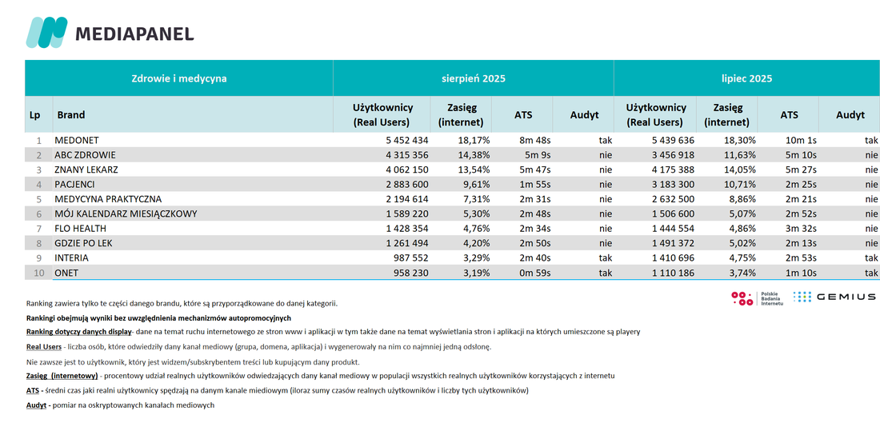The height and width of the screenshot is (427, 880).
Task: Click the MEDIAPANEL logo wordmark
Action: (x=134, y=34)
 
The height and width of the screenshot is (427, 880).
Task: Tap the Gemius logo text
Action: (x=846, y=297)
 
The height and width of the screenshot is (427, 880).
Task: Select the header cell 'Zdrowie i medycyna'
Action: (x=179, y=78)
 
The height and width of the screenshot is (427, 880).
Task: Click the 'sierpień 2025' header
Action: (x=473, y=78)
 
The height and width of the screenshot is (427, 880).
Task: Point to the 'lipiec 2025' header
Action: (x=746, y=78)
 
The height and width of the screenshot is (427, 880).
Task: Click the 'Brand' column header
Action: (x=70, y=114)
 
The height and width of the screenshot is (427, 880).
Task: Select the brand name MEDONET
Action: (x=76, y=140)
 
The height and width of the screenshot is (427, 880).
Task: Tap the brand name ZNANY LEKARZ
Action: (x=86, y=170)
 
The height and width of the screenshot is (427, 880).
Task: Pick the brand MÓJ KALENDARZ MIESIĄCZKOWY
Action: (x=126, y=213)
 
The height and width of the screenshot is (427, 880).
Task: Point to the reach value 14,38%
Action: (x=472, y=155)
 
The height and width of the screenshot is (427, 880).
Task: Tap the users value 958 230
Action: (x=408, y=273)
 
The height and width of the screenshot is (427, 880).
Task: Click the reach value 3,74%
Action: (x=740, y=273)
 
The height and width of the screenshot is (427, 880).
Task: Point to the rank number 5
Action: (x=39, y=199)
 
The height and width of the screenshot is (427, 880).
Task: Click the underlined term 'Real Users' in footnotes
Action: (x=44, y=347)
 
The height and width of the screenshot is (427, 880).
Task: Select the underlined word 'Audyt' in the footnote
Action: (x=37, y=405)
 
